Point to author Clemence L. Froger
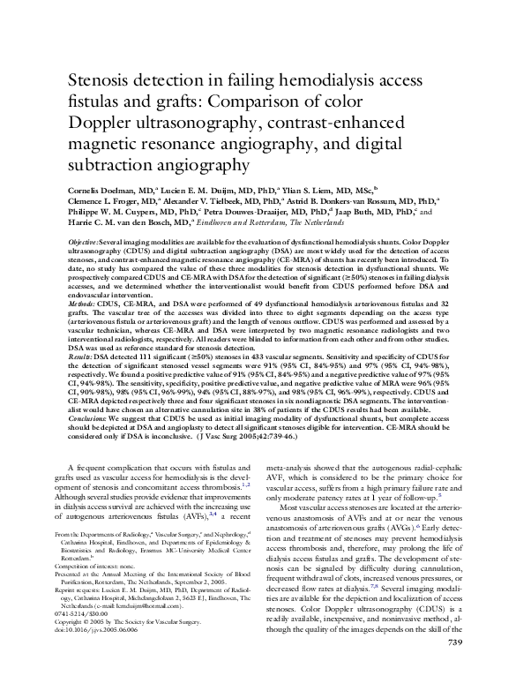click(104, 201)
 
